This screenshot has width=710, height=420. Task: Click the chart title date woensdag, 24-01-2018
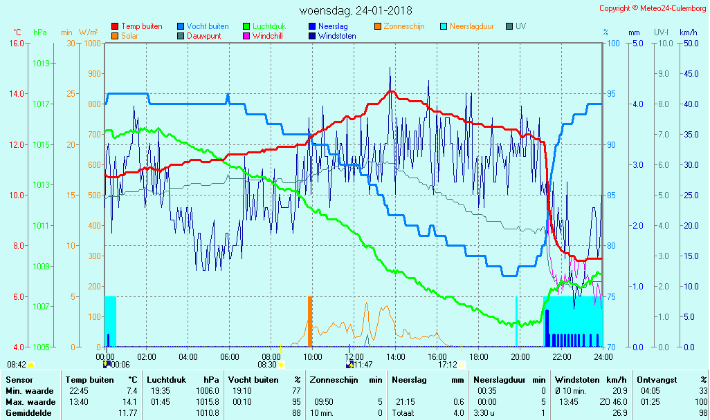[x=356, y=11]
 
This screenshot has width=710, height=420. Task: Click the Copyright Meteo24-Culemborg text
[x=653, y=8]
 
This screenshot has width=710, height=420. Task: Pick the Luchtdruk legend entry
[x=270, y=26]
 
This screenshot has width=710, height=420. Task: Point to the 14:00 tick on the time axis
[x=395, y=356]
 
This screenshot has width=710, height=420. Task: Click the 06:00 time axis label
[x=229, y=356]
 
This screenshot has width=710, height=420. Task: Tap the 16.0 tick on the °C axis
[x=16, y=43]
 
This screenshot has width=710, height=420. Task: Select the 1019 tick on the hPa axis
[x=41, y=64]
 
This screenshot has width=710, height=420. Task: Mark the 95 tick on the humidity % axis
[x=612, y=94]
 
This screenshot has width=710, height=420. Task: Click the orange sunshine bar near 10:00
[x=310, y=321]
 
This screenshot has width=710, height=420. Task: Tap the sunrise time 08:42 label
[x=17, y=365]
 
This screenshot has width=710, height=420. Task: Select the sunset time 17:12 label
[x=447, y=365]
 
